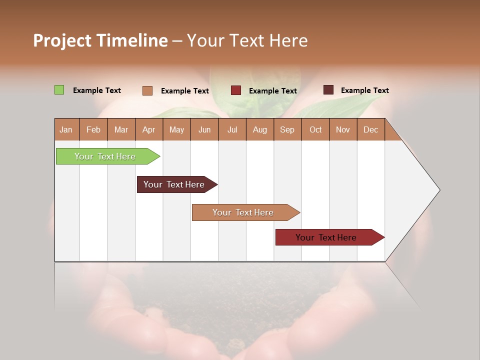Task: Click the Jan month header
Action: (66, 130)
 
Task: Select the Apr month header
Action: (148, 130)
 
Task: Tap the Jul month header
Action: (232, 130)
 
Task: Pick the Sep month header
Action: (287, 130)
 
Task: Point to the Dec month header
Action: (370, 130)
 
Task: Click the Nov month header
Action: (342, 130)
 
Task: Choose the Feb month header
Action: (93, 130)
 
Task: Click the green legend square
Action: (59, 90)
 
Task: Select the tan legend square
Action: (147, 90)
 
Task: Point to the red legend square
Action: (236, 90)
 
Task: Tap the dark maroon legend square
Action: (328, 90)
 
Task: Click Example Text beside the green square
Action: (97, 90)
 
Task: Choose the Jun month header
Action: (204, 130)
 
